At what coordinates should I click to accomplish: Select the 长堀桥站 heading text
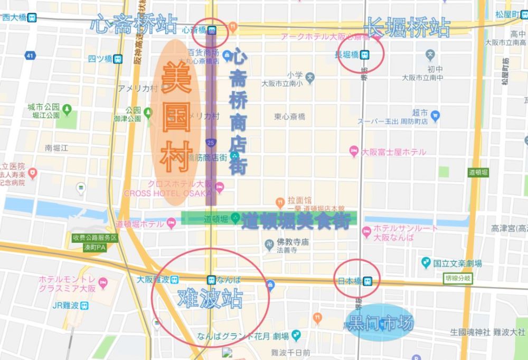point(407,26)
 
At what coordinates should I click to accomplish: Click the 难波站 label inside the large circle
point(210,299)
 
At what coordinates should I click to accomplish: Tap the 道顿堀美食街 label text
point(296,222)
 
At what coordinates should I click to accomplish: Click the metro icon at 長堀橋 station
point(365,54)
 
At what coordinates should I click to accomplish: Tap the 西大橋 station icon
point(33,17)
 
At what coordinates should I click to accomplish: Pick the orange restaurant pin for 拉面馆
point(280,201)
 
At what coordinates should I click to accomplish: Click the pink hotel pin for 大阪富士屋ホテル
point(354,151)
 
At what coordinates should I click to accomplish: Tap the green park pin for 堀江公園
point(67,110)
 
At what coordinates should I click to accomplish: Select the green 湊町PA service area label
point(95,243)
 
